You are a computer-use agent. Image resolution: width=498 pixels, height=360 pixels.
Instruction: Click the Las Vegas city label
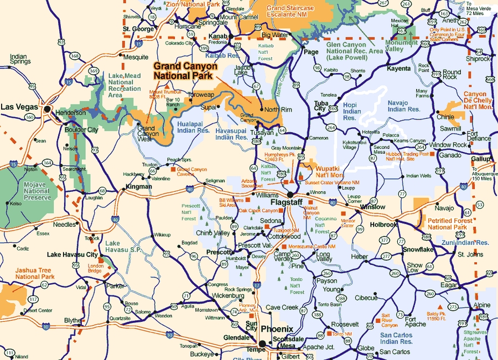(19, 107)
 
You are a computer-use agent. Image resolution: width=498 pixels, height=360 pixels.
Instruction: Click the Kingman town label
(138, 187)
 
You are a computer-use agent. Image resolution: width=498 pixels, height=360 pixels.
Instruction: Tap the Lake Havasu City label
(72, 254)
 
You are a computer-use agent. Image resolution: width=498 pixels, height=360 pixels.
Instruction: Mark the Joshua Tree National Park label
(35, 273)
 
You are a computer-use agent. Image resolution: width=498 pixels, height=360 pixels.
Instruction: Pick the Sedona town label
(271, 221)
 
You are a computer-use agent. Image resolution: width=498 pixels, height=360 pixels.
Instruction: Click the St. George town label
(138, 29)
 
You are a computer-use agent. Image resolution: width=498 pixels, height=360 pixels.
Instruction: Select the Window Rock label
(448, 145)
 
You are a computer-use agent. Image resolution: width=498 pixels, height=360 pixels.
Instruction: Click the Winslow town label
(372, 207)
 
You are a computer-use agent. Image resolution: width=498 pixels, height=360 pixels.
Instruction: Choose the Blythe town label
(72, 320)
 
